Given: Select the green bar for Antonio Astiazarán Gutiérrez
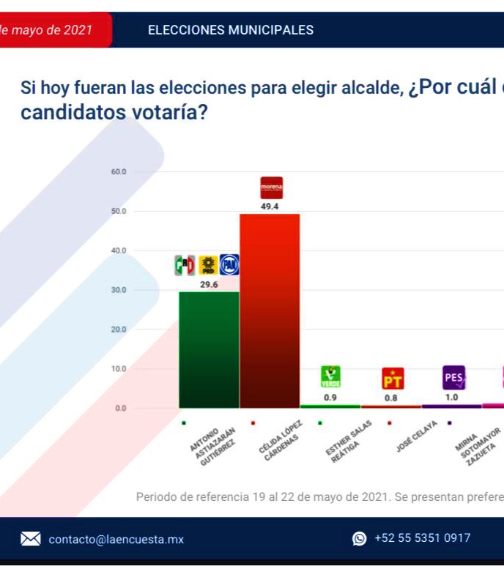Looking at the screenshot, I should (x=209, y=349).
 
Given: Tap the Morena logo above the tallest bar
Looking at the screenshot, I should (x=271, y=188).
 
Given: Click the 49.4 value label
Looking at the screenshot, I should (x=270, y=207).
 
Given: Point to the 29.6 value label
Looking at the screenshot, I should (x=209, y=284).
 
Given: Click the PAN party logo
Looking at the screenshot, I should (x=229, y=265).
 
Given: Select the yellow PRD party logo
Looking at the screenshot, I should (x=207, y=265).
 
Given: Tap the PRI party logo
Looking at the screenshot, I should (x=185, y=265).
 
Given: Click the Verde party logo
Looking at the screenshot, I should (x=330, y=376).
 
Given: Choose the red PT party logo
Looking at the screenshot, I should (x=393, y=379).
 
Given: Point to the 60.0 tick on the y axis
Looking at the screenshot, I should (x=119, y=172).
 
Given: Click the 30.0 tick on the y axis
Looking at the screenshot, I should (x=119, y=290).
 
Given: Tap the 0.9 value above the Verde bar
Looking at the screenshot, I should (x=330, y=398).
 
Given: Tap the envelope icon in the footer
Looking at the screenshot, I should (x=30, y=539).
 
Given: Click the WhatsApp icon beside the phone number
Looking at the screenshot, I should (x=360, y=539).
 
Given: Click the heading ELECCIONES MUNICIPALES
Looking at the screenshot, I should (x=231, y=30).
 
